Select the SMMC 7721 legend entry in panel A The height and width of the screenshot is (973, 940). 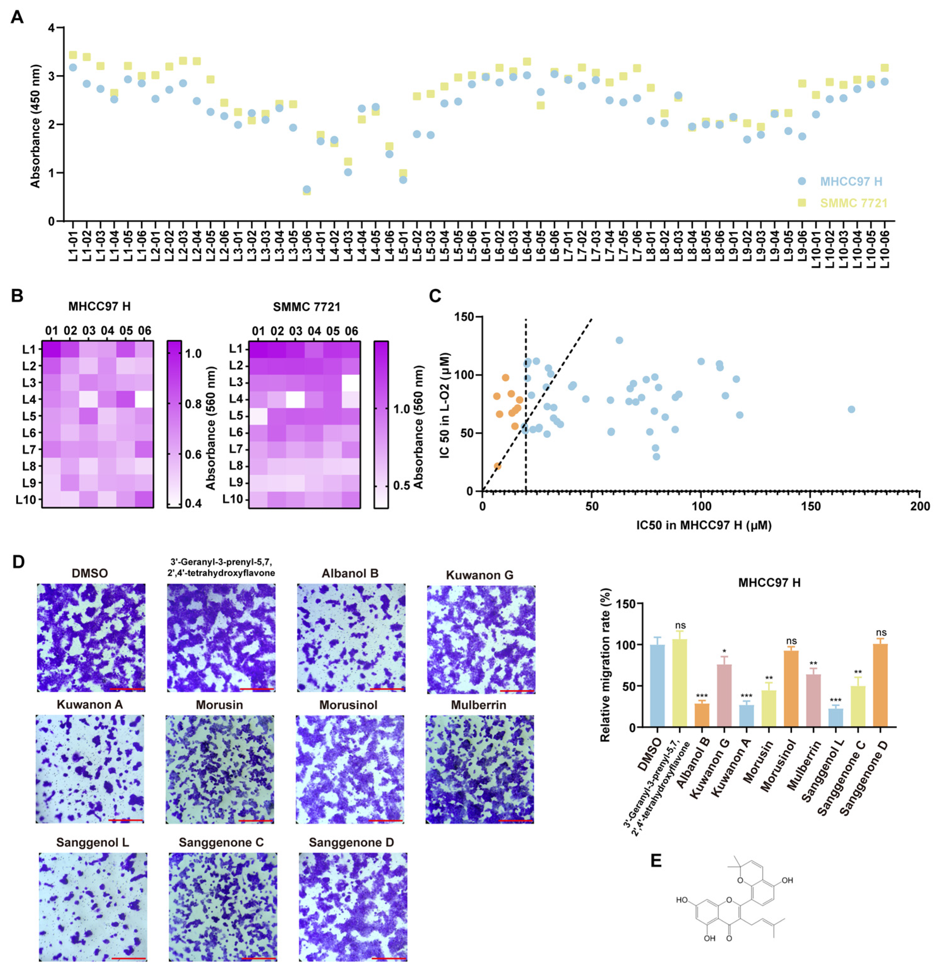(x=853, y=203)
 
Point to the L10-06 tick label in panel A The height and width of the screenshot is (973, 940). (x=884, y=246)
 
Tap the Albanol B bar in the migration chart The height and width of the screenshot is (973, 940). (x=702, y=715)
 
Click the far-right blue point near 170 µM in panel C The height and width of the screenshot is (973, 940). (x=851, y=410)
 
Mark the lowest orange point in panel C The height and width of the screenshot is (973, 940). (x=497, y=466)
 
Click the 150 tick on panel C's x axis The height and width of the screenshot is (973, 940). (x=810, y=506)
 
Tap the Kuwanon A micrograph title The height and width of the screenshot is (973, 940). (x=89, y=705)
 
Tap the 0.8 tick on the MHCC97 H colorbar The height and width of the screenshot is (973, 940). (x=193, y=404)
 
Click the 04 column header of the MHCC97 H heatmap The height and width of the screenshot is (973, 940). (x=107, y=331)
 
